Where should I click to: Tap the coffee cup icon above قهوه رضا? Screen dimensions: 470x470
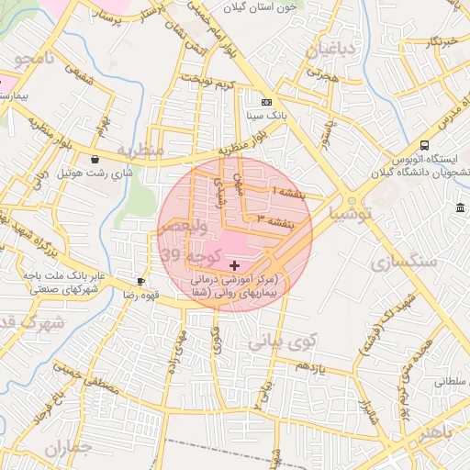click(140, 282)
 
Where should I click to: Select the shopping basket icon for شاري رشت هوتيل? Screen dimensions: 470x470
click(95, 159)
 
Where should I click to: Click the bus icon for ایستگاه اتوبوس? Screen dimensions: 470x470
click(424, 145)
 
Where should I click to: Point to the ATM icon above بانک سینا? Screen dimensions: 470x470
click(266, 102)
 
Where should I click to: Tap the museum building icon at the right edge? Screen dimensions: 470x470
click(460, 209)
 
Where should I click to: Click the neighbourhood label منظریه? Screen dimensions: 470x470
click(139, 149)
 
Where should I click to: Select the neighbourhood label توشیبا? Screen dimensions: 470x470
click(352, 215)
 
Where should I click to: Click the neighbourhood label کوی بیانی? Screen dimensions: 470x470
click(282, 342)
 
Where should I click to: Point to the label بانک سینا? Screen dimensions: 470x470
click(267, 117)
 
